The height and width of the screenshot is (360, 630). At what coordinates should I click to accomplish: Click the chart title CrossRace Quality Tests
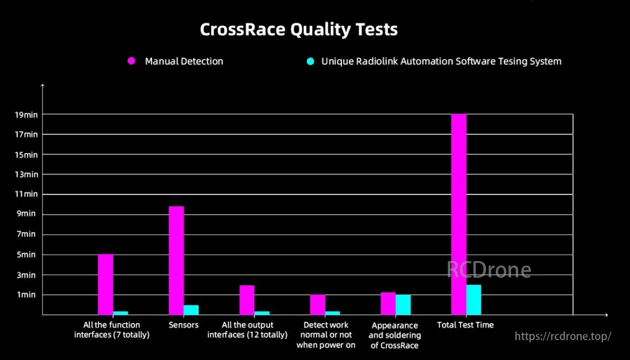click(299, 30)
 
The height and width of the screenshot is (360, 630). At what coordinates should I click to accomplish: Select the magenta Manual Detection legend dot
click(131, 61)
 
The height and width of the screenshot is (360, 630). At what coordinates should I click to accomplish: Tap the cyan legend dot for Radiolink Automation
click(310, 61)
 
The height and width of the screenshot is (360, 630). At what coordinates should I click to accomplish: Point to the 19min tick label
click(27, 114)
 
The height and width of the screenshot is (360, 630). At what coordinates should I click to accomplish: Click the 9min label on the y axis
click(27, 214)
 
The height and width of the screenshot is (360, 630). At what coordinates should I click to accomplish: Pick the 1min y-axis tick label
click(27, 295)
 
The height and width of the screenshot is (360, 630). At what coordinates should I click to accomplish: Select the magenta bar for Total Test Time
click(458, 214)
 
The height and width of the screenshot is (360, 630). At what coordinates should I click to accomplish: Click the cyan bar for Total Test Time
click(473, 300)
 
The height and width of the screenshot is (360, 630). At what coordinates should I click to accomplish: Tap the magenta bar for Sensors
click(176, 260)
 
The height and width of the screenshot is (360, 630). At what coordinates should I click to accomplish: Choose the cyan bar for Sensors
click(191, 310)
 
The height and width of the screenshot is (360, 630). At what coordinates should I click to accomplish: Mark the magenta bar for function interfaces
click(105, 284)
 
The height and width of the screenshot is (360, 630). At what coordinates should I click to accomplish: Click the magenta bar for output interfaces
click(247, 300)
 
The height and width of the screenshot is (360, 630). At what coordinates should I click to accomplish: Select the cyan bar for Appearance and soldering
click(403, 304)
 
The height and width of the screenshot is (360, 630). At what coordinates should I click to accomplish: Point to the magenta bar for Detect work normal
click(317, 304)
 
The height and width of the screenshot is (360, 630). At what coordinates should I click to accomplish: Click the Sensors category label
click(183, 325)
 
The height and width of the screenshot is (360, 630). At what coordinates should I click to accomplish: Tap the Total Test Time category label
click(465, 325)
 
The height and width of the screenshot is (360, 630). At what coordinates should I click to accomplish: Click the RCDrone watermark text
click(489, 270)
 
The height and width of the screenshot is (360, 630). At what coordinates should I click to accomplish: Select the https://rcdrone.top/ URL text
click(563, 337)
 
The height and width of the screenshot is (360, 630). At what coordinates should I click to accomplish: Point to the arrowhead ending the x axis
click(606, 315)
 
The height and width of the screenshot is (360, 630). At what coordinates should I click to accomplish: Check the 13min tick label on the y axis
click(27, 174)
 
